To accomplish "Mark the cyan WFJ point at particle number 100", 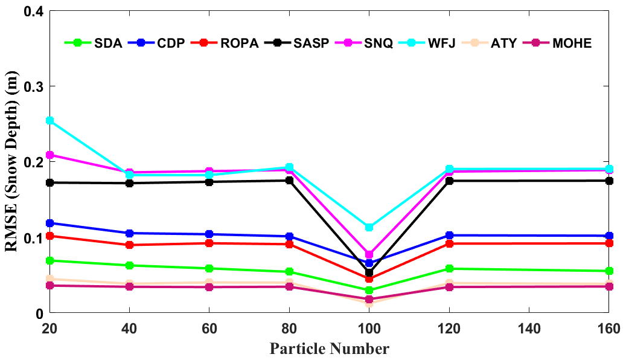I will point(369,227).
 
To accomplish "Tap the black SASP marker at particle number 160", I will point(609,181).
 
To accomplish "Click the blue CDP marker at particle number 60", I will point(209,234).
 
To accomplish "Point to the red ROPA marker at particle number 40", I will point(129,245).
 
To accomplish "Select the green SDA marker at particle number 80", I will point(289,272).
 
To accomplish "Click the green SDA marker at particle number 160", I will point(609,271).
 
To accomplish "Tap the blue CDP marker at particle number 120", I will point(449,235).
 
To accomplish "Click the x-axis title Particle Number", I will point(329,349).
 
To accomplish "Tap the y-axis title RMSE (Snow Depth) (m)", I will point(10,162).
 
